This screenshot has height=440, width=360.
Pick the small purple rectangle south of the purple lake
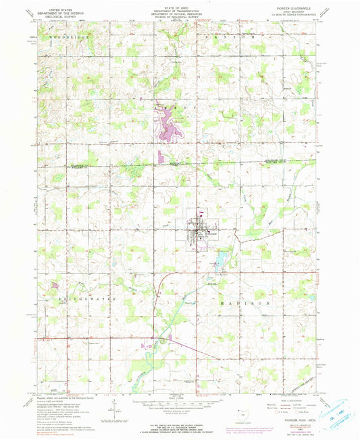pos(160,157)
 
